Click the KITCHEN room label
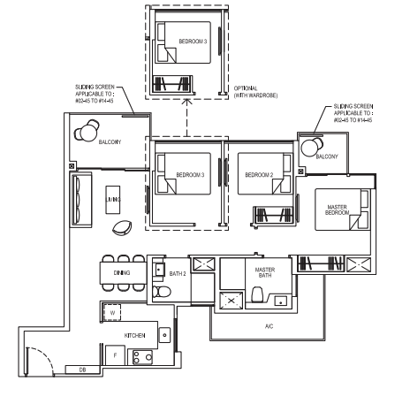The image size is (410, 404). [134, 335]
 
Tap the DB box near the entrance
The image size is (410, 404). [82, 370]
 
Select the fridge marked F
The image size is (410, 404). [115, 355]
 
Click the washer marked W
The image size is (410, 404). [112, 312]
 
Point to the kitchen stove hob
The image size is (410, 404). [142, 357]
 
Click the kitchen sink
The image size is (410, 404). [164, 335]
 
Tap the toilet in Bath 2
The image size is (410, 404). [162, 292]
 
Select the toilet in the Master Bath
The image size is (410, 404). [257, 294]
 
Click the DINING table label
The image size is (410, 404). [122, 273]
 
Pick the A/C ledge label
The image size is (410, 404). [269, 326]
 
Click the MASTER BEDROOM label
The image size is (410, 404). [338, 210]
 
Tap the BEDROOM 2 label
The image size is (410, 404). [259, 175]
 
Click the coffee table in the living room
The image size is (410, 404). [113, 200]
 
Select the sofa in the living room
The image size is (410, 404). [80, 200]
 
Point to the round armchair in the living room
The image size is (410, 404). [122, 228]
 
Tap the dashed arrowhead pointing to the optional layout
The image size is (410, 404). [186, 102]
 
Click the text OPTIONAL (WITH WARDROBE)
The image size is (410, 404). [255, 92]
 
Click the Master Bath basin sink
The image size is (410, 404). [281, 301]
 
